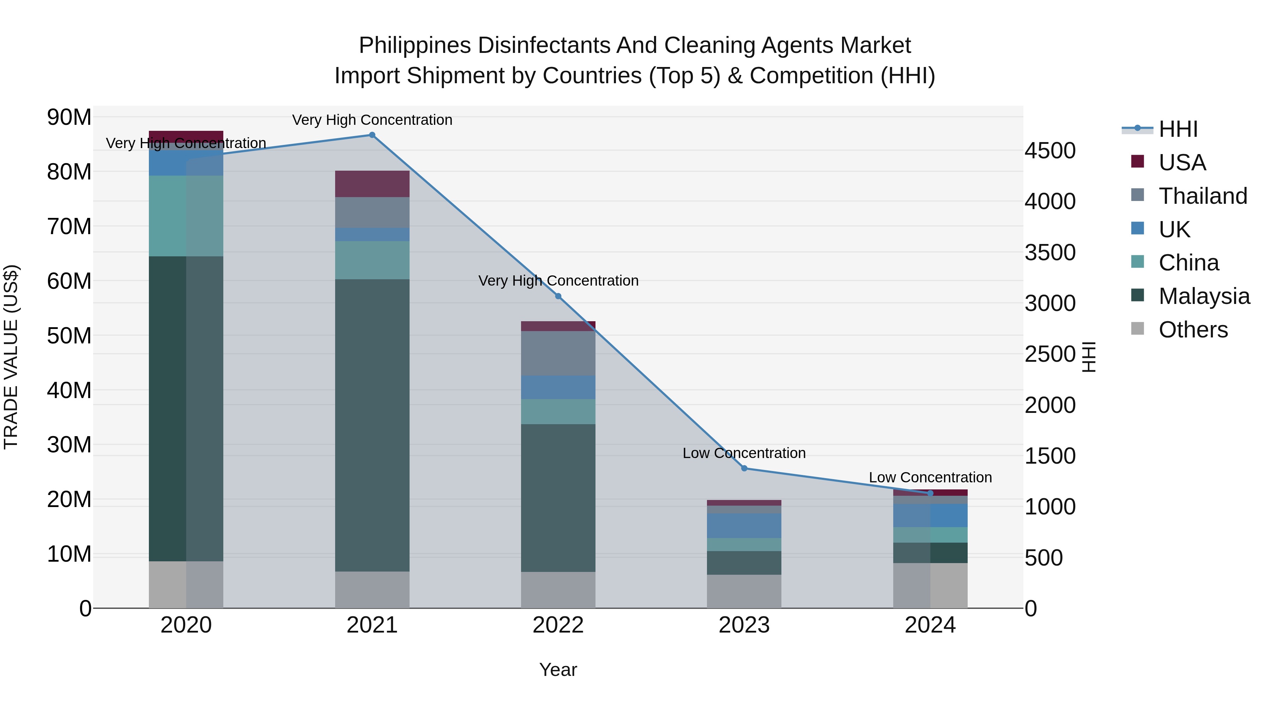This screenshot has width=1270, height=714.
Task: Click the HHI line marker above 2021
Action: point(372,135)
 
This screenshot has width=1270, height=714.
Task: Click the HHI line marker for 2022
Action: point(558,296)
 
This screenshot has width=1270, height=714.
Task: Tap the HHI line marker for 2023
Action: point(744,468)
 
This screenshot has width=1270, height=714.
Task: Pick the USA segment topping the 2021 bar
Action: point(372,184)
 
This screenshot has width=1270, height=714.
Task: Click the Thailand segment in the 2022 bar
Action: point(558,353)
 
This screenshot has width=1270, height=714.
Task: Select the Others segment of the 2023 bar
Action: point(744,591)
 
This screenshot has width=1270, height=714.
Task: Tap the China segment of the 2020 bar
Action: point(186,216)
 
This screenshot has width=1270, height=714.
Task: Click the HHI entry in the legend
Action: point(1178,129)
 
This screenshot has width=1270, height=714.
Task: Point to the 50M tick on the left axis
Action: point(69,336)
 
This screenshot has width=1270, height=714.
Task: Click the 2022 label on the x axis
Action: point(558,625)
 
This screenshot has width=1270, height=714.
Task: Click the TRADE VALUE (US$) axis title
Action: point(11,357)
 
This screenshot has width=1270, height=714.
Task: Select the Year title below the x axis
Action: point(558,670)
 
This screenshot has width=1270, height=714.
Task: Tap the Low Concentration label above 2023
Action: point(744,453)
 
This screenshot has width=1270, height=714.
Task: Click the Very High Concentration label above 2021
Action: point(372,120)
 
